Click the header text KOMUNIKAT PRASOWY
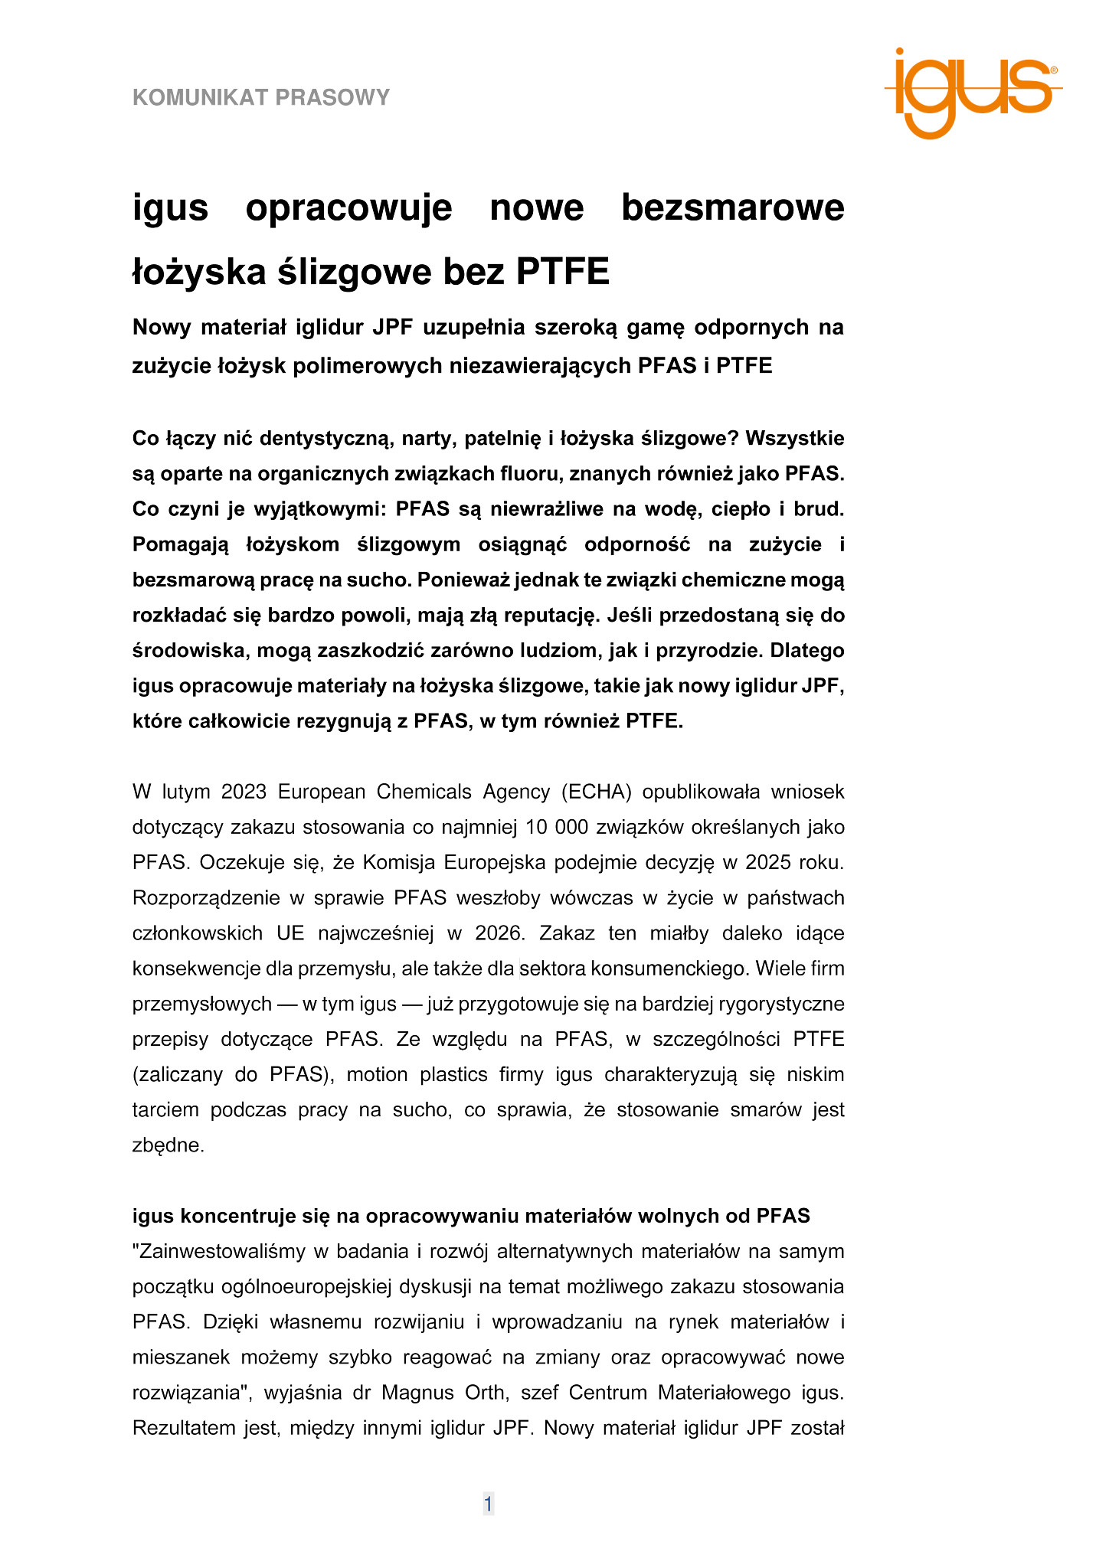261,97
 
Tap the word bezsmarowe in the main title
732,207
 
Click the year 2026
499,933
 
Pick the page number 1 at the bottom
488,1504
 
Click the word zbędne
168,1146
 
